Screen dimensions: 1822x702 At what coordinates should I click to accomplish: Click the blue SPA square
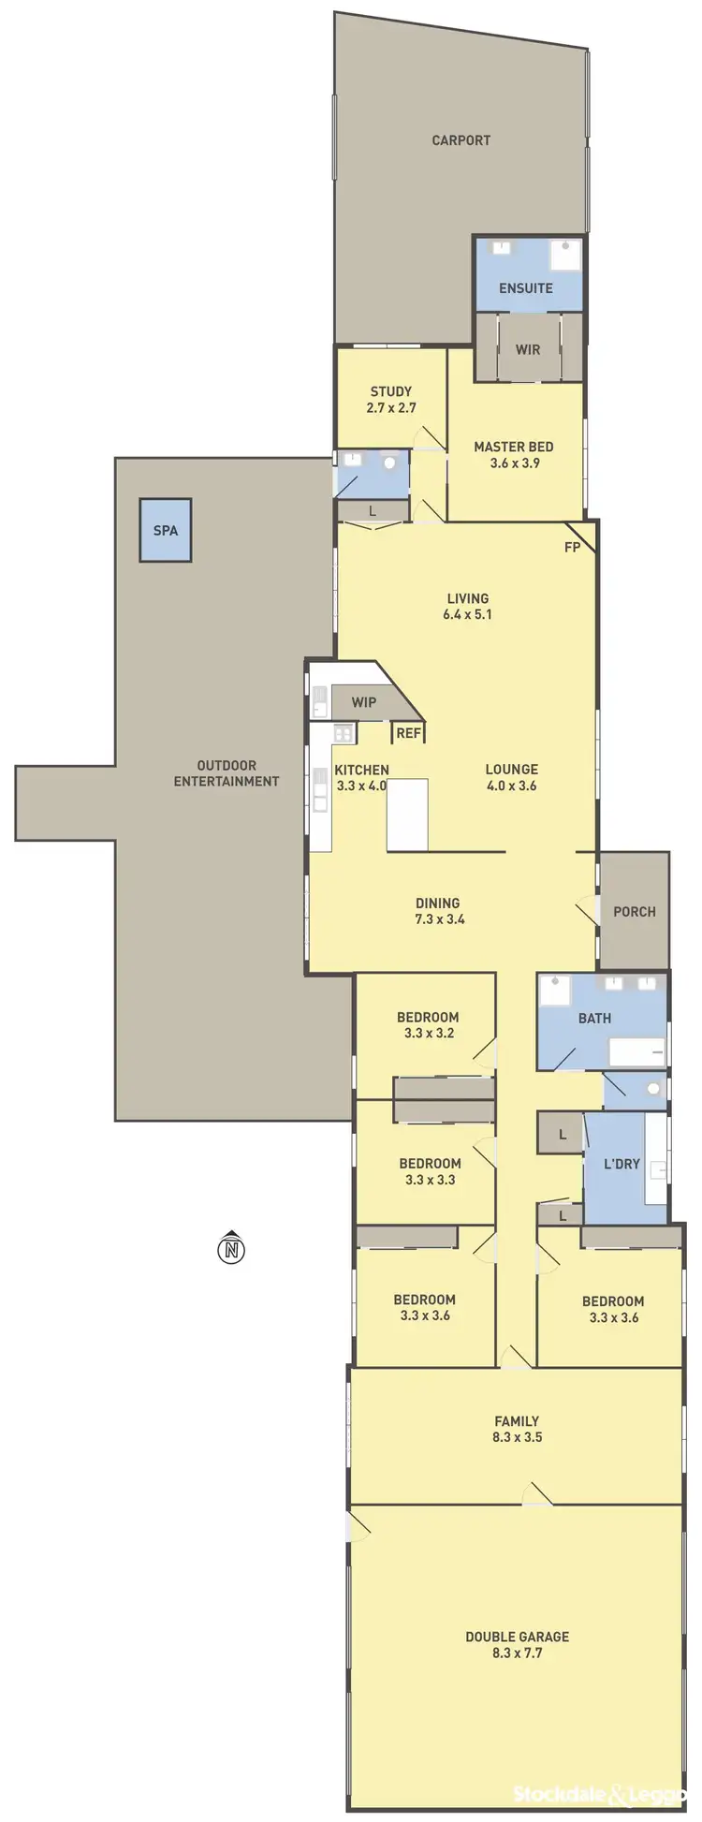(166, 530)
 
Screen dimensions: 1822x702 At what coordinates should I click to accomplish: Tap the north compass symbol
(231, 1248)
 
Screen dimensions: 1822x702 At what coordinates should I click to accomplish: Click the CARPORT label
(461, 140)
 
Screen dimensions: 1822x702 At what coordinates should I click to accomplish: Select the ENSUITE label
(525, 288)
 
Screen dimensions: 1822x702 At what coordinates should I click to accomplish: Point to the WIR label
(528, 349)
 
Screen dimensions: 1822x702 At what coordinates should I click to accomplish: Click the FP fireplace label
(572, 548)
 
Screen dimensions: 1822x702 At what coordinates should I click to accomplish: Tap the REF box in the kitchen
(408, 733)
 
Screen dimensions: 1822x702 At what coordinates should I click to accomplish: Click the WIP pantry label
(364, 702)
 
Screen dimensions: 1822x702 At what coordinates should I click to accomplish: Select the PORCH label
(634, 911)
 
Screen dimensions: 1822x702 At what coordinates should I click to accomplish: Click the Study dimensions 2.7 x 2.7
(391, 408)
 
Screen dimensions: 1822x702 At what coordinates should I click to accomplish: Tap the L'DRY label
(622, 1164)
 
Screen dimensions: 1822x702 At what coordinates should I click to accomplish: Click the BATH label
(594, 1018)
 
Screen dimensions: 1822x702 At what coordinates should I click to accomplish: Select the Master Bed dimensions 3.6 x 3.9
(514, 463)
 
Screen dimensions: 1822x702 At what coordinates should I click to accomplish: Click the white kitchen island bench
(407, 815)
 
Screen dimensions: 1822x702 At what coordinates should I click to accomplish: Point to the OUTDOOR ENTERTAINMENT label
(227, 773)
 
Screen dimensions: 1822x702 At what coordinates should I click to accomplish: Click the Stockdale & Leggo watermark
(600, 1794)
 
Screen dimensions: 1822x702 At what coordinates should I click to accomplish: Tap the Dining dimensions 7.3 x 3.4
(438, 919)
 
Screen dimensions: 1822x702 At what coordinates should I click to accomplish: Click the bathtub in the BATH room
(637, 1051)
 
